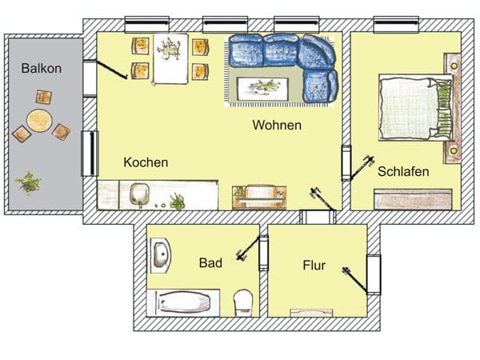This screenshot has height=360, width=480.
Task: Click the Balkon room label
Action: click(x=42, y=68)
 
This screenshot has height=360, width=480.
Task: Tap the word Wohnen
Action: click(x=277, y=126)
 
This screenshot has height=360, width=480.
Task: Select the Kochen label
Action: click(x=146, y=162)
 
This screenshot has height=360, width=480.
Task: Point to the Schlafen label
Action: click(x=403, y=171)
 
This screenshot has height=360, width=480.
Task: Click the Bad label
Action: click(x=210, y=262)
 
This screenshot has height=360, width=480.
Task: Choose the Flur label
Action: click(x=314, y=265)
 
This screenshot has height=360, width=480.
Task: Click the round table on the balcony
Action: click(x=39, y=121)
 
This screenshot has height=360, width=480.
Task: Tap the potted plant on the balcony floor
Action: click(x=28, y=183)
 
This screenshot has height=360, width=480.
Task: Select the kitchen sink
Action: click(x=139, y=194)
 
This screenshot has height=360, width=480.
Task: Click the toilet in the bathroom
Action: click(x=243, y=302)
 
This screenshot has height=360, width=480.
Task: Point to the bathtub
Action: click(x=183, y=302)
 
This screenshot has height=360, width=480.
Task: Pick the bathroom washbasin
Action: click(x=160, y=255)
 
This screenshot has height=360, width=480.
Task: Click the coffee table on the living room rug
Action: click(x=262, y=89)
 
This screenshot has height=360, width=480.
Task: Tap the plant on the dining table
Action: click(x=168, y=49)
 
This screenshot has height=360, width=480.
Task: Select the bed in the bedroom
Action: click(x=416, y=107)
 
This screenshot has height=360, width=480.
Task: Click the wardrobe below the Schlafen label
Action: click(x=413, y=199)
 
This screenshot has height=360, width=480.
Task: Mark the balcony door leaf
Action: click(x=112, y=70)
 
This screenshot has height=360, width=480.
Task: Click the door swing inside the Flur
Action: click(x=354, y=279)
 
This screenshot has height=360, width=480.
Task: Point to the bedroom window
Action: click(x=396, y=24)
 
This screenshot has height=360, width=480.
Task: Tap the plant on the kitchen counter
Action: click(x=178, y=202)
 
